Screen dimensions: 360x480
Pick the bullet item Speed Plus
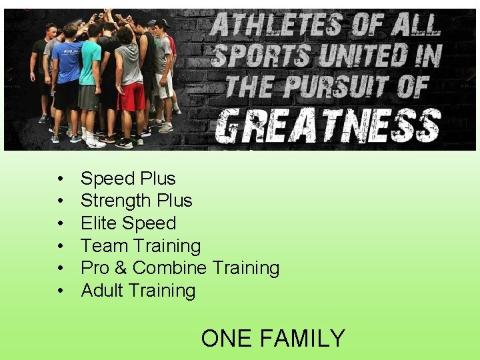pyautogui.click(x=128, y=179)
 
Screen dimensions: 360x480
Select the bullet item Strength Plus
pyautogui.click(x=136, y=201)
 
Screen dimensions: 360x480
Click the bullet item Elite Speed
pyautogui.click(x=128, y=223)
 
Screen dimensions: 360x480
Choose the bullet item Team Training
pyautogui.click(x=140, y=246)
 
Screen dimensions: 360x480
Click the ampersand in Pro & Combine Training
pyautogui.click(x=120, y=268)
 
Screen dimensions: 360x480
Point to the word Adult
pyautogui.click(x=103, y=291)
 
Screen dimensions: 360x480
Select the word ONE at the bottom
pyautogui.click(x=227, y=339)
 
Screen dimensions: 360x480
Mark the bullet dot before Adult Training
pyautogui.click(x=60, y=291)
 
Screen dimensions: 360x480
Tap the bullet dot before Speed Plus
pyautogui.click(x=60, y=179)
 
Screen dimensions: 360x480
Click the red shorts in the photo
pyautogui.click(x=131, y=97)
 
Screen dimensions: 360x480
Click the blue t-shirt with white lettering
pyautogui.click(x=68, y=60)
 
